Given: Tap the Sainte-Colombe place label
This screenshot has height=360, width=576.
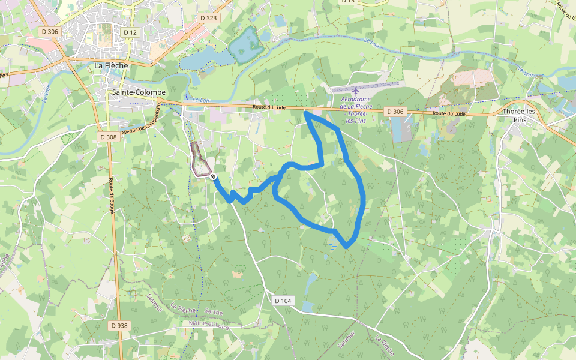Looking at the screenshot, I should [x=139, y=92].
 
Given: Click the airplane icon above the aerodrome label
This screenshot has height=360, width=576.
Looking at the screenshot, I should [x=355, y=90].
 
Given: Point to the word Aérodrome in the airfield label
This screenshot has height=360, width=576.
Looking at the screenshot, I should [x=356, y=99].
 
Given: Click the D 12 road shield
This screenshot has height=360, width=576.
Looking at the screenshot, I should [x=130, y=32].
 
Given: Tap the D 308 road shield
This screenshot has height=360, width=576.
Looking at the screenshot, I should [x=108, y=137].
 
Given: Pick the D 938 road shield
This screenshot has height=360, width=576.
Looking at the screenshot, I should [x=119, y=325].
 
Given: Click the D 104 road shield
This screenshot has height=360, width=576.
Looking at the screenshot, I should [x=283, y=300].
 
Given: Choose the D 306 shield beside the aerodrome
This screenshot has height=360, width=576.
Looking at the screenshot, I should [x=395, y=112].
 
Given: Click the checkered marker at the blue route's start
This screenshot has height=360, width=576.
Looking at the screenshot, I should [x=213, y=176].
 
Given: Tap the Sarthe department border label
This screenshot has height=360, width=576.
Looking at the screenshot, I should [x=214, y=313].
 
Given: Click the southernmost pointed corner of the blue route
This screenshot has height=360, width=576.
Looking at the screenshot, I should [x=347, y=247].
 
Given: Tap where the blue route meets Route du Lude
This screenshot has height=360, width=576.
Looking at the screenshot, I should [x=306, y=112].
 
